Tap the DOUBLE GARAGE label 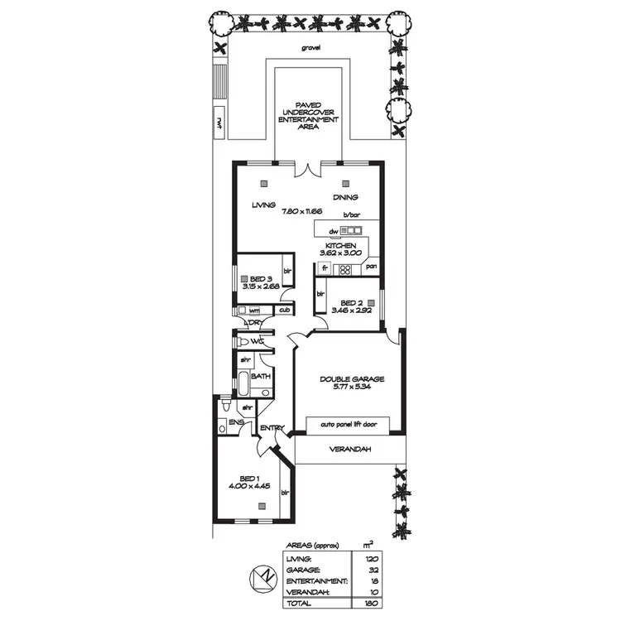coord(353,380)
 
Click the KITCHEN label coord(340,246)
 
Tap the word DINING coord(345,197)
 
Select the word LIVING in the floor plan coord(264,204)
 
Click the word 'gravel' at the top coord(312,48)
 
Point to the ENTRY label coord(272,428)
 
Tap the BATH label coord(261,377)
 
